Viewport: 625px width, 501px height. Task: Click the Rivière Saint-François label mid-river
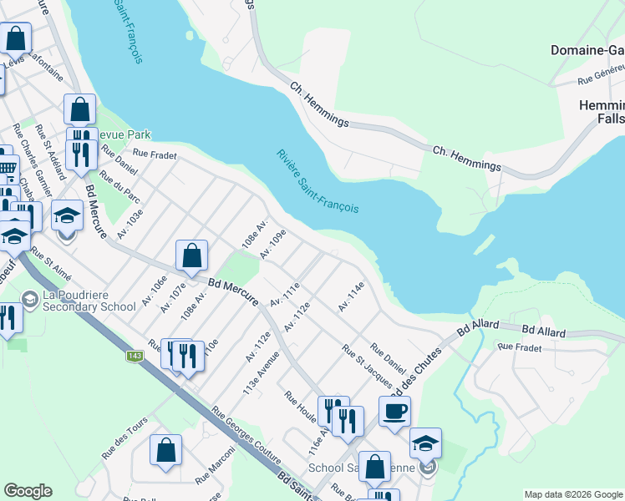pyautogui.click(x=318, y=180)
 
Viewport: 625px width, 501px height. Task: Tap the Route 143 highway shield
pyautogui.click(x=134, y=357)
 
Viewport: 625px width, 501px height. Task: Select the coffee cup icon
pyautogui.click(x=394, y=411)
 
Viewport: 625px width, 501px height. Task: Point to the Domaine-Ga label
pyautogui.click(x=587, y=50)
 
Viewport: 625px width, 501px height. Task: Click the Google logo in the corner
pyautogui.click(x=28, y=491)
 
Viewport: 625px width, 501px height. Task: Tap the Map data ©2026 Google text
pyautogui.click(x=573, y=494)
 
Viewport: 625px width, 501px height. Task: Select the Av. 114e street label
pyautogui.click(x=352, y=297)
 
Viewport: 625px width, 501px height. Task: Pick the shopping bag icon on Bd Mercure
pyautogui.click(x=191, y=256)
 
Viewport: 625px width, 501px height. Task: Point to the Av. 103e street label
pyautogui.click(x=131, y=224)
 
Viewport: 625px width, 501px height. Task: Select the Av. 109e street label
pyautogui.click(x=273, y=244)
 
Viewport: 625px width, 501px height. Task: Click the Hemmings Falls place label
pyautogui.click(x=602, y=112)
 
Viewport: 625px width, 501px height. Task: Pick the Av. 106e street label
pyautogui.click(x=155, y=289)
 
